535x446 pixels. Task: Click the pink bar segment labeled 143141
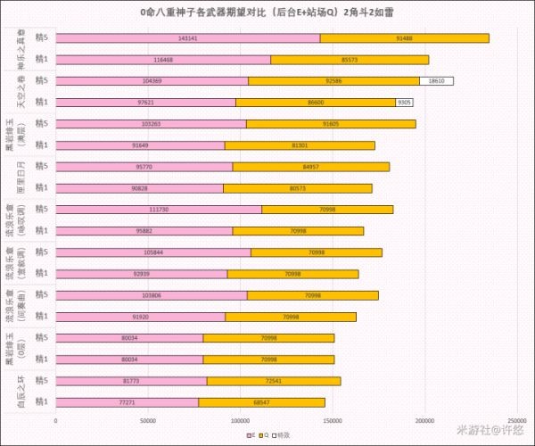click(x=187, y=38)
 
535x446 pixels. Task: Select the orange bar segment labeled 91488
click(x=404, y=38)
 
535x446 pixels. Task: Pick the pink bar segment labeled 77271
click(x=127, y=402)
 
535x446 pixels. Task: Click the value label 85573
click(x=350, y=60)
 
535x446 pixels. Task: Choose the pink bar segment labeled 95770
click(x=144, y=167)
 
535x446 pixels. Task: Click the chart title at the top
click(x=267, y=12)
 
